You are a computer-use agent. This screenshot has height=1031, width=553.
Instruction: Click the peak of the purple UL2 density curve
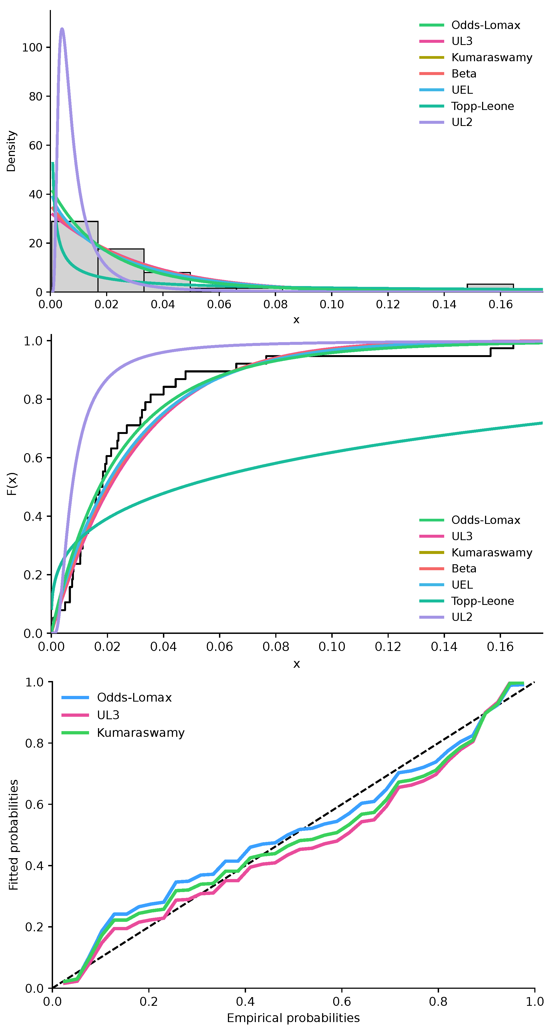tap(61, 29)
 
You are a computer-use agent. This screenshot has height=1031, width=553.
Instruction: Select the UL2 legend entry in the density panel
tap(446, 122)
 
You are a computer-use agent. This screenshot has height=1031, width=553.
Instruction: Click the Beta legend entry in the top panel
tap(448, 74)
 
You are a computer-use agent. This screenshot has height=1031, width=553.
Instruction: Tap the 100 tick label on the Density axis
tap(32, 48)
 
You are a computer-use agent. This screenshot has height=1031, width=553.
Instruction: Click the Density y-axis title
tap(11, 151)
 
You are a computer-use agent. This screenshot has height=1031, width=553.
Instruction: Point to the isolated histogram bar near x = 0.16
tap(490, 288)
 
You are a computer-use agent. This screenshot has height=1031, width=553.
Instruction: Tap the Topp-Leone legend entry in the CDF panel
tap(467, 601)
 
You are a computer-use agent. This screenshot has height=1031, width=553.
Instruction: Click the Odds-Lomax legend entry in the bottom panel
tap(117, 698)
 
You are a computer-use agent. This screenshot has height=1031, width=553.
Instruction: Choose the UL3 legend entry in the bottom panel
tap(90, 715)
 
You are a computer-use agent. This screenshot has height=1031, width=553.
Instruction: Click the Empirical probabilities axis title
tap(293, 1018)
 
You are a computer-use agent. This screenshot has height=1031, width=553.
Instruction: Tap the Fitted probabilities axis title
tap(14, 835)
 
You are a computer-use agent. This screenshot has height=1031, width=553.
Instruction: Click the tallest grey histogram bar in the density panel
tap(75, 257)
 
